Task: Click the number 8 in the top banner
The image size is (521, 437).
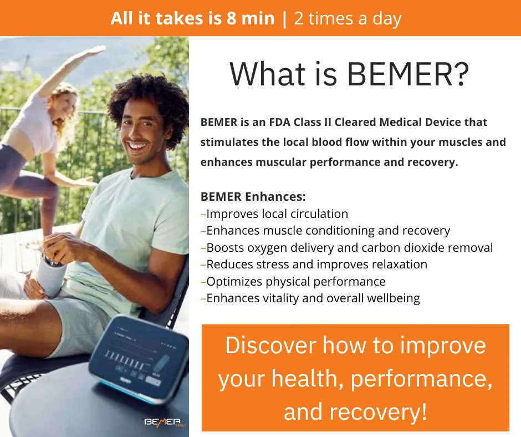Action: (232, 18)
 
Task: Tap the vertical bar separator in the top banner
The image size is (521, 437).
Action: (284, 19)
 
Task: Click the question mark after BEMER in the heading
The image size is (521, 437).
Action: (461, 74)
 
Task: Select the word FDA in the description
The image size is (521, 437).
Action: (279, 122)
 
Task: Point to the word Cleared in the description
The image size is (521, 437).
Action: (355, 122)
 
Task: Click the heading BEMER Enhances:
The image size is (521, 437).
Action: (253, 196)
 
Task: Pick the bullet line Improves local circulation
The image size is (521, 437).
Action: (274, 214)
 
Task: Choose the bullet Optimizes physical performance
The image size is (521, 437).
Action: (293, 282)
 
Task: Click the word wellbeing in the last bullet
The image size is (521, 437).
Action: (394, 299)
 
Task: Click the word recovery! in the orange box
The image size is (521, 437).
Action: (378, 411)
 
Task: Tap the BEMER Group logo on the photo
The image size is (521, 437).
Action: (165, 422)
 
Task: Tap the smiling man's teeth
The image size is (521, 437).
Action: (137, 146)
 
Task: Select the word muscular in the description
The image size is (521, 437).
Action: (282, 162)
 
